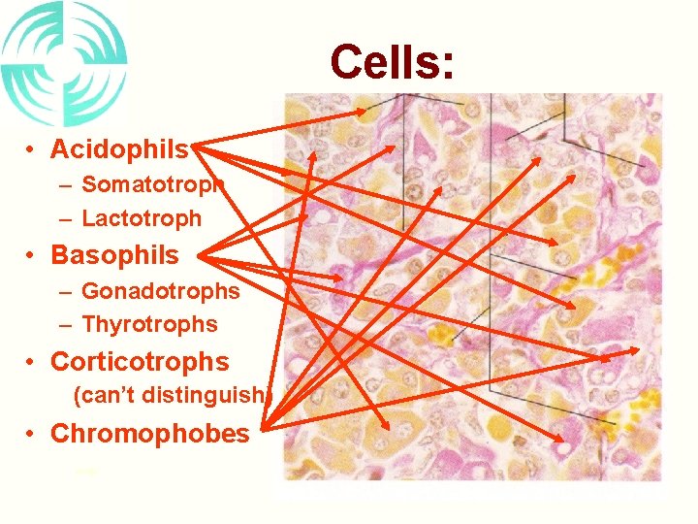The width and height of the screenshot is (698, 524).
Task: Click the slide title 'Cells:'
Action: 391,62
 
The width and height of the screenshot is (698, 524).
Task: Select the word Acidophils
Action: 119,149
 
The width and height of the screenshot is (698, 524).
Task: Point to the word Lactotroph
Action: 142,219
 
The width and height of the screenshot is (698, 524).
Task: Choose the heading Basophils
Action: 114,255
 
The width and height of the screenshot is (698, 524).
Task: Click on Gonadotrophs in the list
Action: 160,290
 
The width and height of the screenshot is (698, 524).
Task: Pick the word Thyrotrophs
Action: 149,324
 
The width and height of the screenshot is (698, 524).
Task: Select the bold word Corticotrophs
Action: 140,362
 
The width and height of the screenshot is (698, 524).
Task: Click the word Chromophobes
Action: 149,433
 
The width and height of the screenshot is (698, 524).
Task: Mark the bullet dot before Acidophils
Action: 32,150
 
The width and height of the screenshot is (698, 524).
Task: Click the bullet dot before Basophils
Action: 32,256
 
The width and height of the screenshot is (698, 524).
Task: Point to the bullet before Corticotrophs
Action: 32,363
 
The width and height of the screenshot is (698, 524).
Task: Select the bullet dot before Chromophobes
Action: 32,434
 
